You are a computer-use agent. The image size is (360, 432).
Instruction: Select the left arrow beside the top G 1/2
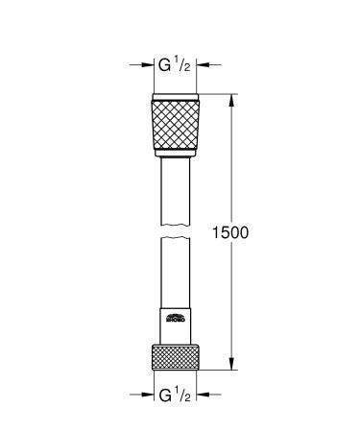(x=146, y=66)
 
